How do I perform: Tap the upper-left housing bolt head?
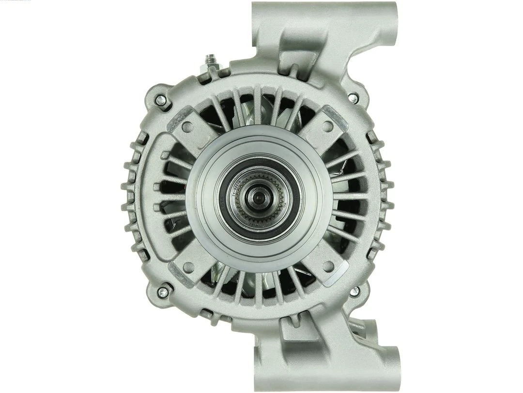pos(160,100)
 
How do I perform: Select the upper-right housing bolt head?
pos(354,99)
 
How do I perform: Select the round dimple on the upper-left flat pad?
pos(189,127)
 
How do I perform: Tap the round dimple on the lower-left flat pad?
pos(189,266)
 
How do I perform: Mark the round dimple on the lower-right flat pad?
pos(329,266)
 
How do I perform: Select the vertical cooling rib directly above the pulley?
pos(257,104)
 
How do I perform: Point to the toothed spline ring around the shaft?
pos(264,213)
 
